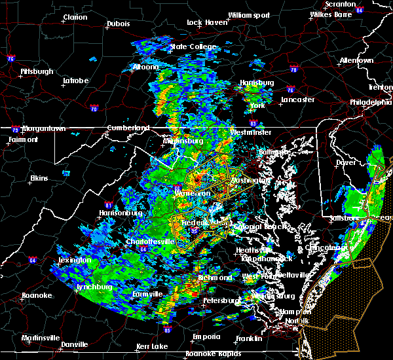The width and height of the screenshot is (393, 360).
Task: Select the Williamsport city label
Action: (x=248, y=14)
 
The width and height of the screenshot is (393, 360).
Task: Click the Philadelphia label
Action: (x=370, y=102)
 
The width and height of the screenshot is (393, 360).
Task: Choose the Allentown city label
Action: (x=356, y=60)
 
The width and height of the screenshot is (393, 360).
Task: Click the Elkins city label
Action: (x=40, y=178)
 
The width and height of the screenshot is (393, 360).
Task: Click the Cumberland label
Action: (x=130, y=128)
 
